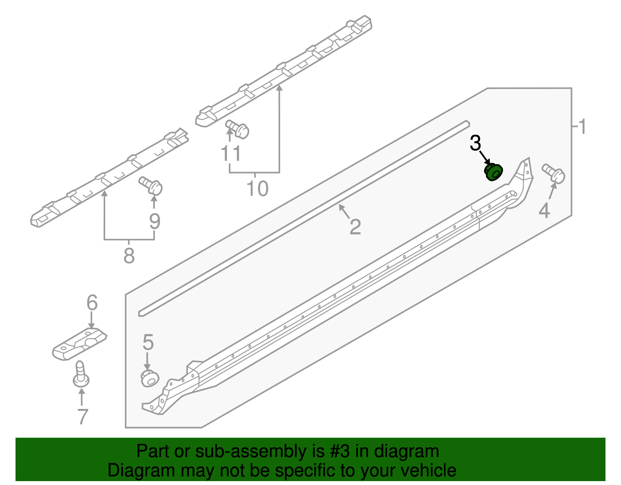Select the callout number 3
click(x=475, y=143)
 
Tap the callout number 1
click(x=581, y=127)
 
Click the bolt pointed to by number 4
click(x=554, y=173)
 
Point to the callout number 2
click(x=355, y=227)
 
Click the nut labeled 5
click(x=149, y=378)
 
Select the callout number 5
click(x=148, y=342)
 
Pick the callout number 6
click(x=92, y=302)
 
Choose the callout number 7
click(x=83, y=417)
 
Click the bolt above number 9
click(x=151, y=186)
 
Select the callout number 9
click(x=154, y=222)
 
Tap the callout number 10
click(x=257, y=189)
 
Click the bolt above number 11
click(x=237, y=129)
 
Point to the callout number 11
click(x=231, y=154)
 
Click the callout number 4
click(x=544, y=211)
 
